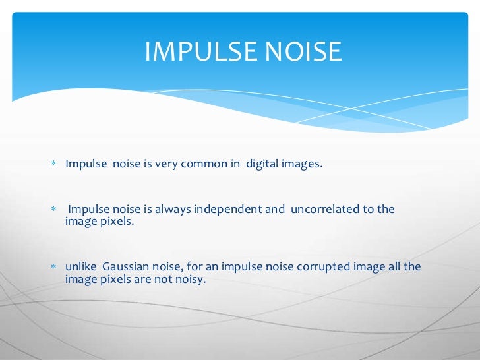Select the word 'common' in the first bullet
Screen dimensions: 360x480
point(208,164)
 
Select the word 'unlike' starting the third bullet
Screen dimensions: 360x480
point(80,266)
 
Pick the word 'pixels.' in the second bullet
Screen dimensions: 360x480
point(115,222)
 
